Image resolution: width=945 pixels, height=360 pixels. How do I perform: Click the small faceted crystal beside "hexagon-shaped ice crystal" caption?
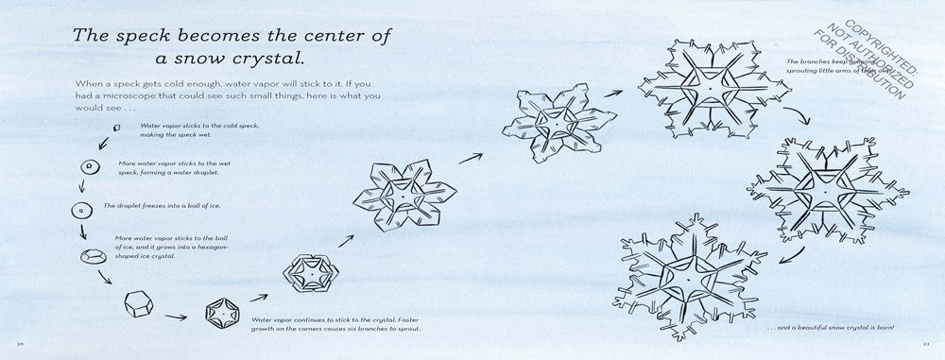94,254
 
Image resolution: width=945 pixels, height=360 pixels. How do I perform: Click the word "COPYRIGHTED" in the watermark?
886,45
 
